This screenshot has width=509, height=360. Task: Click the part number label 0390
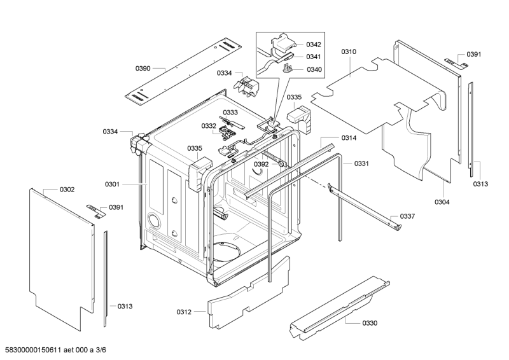pos(143,67)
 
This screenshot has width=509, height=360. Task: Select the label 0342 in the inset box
pos(313,45)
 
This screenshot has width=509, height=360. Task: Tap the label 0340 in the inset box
pos(313,70)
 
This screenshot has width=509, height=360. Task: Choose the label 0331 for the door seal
pos(361,163)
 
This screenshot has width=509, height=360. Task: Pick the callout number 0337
pos(407,216)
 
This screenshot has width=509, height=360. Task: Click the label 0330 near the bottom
pos(370,323)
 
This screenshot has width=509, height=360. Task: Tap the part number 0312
pos(184,312)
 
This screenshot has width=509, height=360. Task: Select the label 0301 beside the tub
pos(113,184)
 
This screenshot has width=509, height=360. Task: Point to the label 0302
pos(67,190)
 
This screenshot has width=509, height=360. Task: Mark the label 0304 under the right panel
pos(442,202)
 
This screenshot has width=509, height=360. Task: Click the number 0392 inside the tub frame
pos(261,164)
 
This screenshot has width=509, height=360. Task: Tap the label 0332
pos(209,126)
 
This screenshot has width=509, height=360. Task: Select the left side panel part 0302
pos(57,254)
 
